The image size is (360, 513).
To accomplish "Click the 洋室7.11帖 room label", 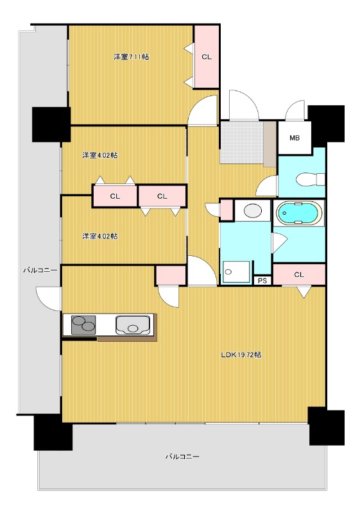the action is (x=132, y=56).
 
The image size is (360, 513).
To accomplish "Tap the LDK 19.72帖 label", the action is (x=241, y=355).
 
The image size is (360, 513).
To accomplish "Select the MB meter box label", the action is (x=295, y=138).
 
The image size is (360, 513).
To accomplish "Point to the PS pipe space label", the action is (x=262, y=281).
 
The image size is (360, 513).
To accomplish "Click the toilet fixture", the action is (x=310, y=180).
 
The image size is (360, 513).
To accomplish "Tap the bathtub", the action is (x=298, y=213).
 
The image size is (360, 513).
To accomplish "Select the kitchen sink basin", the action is (x=133, y=325).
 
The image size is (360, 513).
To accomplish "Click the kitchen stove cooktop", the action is (x=83, y=325).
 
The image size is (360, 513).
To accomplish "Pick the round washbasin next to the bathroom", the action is (x=253, y=210).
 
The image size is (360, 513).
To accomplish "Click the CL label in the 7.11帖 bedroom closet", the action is (x=207, y=57).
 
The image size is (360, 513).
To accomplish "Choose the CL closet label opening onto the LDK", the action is (x=299, y=274).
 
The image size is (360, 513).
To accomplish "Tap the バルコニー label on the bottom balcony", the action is (x=182, y=457).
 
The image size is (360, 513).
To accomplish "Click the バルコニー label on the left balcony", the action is (x=40, y=270).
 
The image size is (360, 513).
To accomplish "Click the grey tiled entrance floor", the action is (x=241, y=142).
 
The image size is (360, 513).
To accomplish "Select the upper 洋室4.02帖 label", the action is (x=100, y=155).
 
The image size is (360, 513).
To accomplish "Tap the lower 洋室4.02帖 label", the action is (x=100, y=236).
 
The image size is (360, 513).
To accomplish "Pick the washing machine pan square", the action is (x=236, y=271).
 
